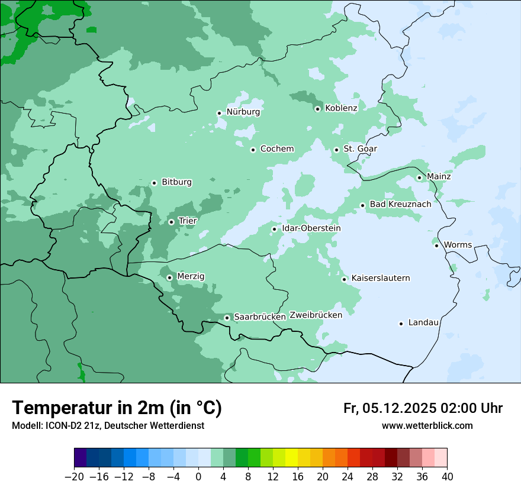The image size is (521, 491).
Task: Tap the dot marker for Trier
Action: point(171,222)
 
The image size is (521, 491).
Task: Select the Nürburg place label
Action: point(243,112)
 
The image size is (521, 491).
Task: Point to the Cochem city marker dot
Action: point(253,150)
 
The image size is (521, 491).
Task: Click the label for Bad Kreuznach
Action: point(400,204)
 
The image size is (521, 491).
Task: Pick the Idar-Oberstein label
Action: point(311,228)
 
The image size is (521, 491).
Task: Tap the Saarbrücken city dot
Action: point(227,318)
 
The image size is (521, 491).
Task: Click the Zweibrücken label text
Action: point(316,315)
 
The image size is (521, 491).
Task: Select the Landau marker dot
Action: point(401,324)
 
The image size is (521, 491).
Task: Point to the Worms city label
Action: point(458,245)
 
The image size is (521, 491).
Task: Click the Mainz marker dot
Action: point(419,177)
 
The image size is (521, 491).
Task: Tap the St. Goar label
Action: point(360,149)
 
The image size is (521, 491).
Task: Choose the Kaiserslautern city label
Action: point(380,278)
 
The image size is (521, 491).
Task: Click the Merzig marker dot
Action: point(169,277)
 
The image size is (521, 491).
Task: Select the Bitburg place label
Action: point(176,182)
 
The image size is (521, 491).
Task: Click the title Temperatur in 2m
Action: point(117,408)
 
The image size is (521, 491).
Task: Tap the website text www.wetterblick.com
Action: point(427,426)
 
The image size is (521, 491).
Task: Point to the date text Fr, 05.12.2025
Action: point(390,408)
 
